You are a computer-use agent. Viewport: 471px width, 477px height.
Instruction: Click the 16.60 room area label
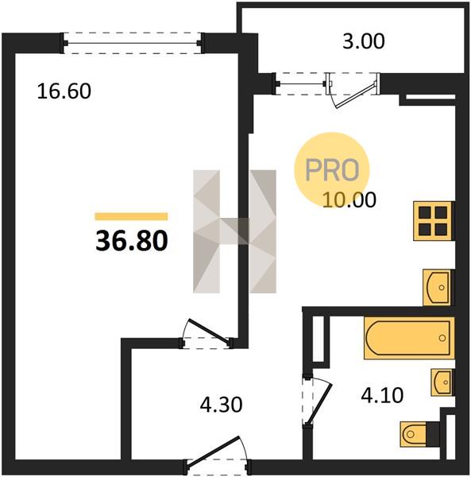click(x=64, y=91)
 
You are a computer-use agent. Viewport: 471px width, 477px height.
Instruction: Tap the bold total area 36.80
click(x=132, y=240)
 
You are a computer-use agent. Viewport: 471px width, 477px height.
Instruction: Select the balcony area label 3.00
click(x=364, y=41)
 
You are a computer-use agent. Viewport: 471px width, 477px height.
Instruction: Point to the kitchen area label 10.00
click(x=349, y=200)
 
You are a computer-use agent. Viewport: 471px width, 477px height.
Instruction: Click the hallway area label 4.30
click(x=222, y=405)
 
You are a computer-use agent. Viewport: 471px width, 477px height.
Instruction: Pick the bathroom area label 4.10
click(x=382, y=395)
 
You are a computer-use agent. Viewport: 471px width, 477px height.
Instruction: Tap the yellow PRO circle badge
click(x=332, y=169)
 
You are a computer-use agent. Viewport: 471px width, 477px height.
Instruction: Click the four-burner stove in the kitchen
click(x=434, y=221)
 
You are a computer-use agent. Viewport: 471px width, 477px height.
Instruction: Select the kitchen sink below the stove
click(x=438, y=288)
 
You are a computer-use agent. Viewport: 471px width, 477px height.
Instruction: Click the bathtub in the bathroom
click(x=409, y=338)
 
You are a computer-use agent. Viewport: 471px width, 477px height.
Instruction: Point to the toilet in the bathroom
click(x=420, y=434)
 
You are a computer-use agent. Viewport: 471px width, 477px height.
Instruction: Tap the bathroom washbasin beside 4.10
click(x=442, y=382)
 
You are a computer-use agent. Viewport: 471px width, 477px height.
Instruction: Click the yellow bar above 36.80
click(x=131, y=216)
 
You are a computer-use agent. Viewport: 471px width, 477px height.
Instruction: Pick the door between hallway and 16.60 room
click(x=207, y=333)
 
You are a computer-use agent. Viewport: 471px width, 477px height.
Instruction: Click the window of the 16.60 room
click(x=132, y=43)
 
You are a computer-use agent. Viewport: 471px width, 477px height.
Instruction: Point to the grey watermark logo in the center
click(x=234, y=231)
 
